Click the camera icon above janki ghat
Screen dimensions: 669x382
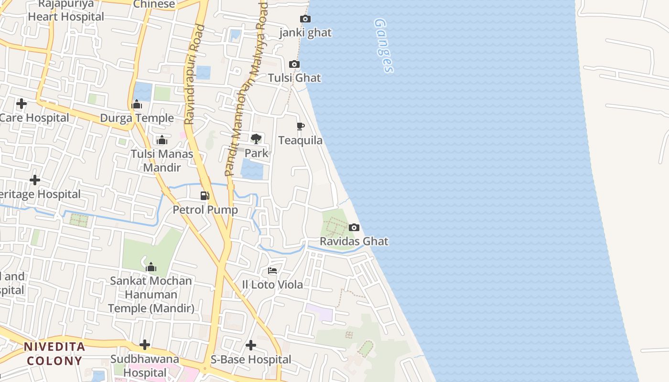coord(305,19)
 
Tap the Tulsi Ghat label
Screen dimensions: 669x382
coord(294,78)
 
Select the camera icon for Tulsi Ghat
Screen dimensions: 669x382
coord(294,64)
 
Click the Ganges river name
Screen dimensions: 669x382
coord(384,46)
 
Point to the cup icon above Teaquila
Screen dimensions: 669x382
coord(300,127)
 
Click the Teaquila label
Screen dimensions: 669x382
coord(300,140)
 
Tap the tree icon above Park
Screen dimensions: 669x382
coord(256,139)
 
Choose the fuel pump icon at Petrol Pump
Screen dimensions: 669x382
coord(205,195)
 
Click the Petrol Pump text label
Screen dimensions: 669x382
coord(205,210)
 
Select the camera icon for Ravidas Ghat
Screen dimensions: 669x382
coord(354,227)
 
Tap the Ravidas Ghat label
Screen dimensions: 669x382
coord(354,241)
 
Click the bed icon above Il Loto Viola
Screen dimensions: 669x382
coord(272,271)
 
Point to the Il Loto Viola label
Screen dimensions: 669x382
coord(272,285)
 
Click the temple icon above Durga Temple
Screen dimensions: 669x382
coord(137,104)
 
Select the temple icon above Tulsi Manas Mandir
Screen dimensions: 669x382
coord(162,140)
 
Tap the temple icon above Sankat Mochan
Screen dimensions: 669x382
coord(151,266)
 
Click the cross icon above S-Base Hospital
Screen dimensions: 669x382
coord(251,345)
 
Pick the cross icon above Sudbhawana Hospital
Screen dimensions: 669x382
coord(145,345)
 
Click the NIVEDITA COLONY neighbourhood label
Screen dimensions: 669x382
coord(54,353)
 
